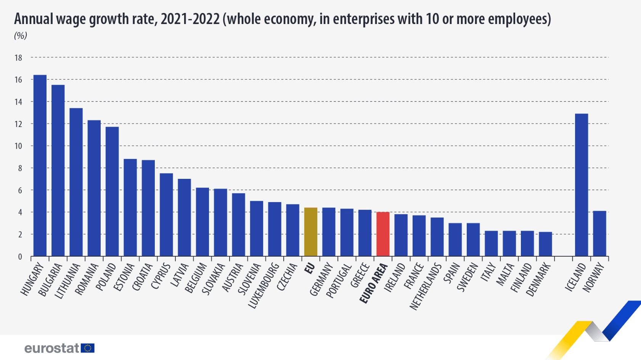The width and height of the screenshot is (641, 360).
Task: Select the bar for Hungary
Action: click(40, 166)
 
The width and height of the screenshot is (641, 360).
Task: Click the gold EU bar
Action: click(311, 232)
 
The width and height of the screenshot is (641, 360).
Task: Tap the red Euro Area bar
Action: click(383, 234)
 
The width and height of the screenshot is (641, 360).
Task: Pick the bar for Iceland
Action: click(582, 185)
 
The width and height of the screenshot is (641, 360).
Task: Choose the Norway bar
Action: click(599, 233)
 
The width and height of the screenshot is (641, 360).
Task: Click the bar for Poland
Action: click(112, 191)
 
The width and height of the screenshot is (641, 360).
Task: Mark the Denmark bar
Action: click(545, 244)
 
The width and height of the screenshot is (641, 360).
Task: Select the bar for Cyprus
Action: click(166, 215)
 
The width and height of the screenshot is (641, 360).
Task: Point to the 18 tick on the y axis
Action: click(18, 58)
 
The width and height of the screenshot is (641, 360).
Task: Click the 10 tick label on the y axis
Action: click(18, 146)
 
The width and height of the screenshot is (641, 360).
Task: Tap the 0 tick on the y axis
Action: click(20, 257)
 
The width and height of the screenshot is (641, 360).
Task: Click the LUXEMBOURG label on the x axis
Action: click(264, 286)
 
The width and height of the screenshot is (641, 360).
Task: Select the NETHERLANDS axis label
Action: click(426, 287)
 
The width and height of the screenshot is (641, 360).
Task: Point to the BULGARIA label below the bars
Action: click(51, 280)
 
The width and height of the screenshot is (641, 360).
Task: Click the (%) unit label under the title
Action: click(21, 36)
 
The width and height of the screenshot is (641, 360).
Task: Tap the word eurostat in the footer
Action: click(51, 348)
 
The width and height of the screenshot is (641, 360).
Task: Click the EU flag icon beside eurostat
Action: click(88, 348)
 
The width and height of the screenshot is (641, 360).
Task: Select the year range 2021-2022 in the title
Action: click(190, 19)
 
